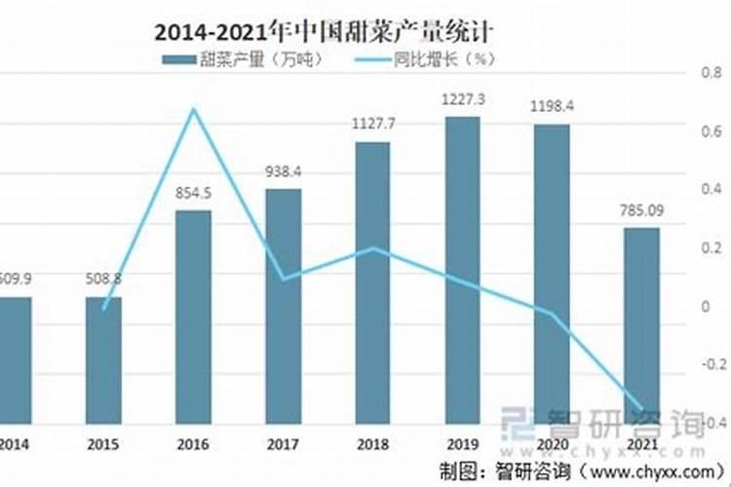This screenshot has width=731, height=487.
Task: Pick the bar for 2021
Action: pos(641,325)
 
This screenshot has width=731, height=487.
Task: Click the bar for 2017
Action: pos(283,306)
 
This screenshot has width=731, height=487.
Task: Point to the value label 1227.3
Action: pos(462,99)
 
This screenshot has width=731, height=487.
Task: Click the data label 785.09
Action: pos(641,209)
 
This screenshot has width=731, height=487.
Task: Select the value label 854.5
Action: pos(193,193)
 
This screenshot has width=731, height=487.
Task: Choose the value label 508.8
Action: pos(102,279)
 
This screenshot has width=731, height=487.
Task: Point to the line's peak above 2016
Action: pos(193,109)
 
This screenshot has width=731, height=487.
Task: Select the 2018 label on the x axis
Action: pos(372,445)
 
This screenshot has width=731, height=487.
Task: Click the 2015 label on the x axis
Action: pos(102,445)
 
